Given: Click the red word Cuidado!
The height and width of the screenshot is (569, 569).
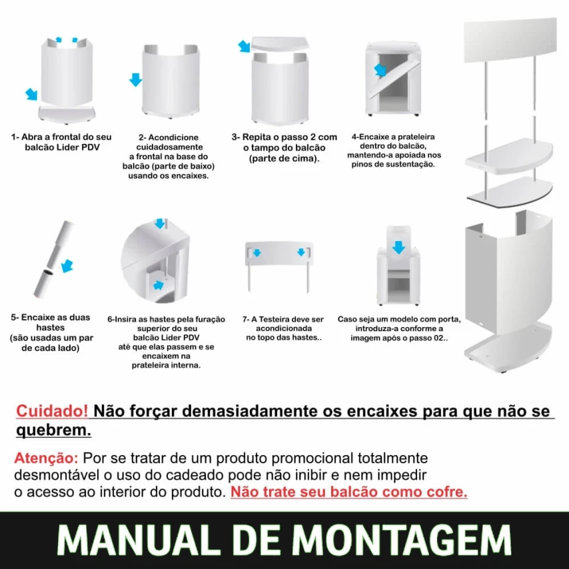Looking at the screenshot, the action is tap(52, 411).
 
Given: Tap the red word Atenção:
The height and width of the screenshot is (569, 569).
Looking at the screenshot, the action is tap(46, 458).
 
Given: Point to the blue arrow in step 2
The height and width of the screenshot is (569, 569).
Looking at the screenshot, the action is tap(135, 80).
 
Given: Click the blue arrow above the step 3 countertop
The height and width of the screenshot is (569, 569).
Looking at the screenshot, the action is tap(245, 46).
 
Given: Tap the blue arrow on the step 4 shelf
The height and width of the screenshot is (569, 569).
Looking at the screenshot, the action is tap(380, 70).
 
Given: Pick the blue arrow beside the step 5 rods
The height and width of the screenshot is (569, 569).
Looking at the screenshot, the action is tap(67, 266).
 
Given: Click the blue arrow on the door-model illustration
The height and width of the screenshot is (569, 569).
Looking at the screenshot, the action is tap(398, 247).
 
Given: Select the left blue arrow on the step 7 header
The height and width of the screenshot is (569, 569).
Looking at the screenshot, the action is tap(257, 253).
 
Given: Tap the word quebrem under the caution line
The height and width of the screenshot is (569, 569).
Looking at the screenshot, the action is tap(53, 430).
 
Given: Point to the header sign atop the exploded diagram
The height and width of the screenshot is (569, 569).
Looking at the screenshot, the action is tap(510, 40).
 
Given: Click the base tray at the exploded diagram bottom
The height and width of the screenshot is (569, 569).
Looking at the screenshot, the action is tap(508, 346).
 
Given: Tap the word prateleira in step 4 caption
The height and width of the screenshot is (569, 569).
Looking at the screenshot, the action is tap(416, 137).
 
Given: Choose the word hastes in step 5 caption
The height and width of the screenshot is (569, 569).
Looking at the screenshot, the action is tap(51, 327).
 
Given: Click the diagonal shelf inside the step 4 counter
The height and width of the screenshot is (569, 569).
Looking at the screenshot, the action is tap(395, 78).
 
